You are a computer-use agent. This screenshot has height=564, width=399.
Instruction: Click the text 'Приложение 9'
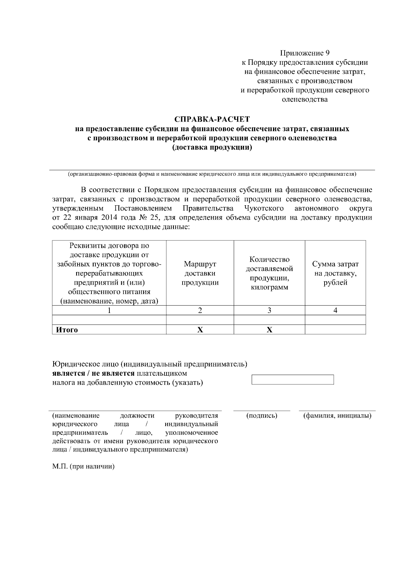point(305,53)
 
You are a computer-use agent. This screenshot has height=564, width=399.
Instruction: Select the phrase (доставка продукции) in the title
point(212,148)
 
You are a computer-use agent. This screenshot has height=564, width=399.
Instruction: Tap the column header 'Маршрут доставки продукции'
point(200,273)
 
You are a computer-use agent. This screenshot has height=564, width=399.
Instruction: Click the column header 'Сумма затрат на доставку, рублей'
point(335,273)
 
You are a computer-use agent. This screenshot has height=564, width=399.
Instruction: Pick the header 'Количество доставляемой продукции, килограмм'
point(269,273)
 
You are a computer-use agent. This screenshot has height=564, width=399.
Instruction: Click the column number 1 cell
point(109,311)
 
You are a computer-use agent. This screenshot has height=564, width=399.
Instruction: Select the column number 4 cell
point(335,311)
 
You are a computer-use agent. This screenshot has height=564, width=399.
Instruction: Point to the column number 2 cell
point(200,311)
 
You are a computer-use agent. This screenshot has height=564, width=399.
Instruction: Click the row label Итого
point(67,330)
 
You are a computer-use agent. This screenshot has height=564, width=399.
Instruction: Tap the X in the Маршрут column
point(200,330)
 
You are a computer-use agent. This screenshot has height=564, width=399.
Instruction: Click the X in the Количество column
point(269,330)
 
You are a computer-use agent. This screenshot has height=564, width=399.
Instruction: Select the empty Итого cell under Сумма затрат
point(335,330)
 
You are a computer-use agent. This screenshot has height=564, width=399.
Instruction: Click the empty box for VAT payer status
point(293,380)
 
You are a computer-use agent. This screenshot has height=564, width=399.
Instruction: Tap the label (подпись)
point(262,416)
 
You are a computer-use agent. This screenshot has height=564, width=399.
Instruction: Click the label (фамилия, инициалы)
point(337,416)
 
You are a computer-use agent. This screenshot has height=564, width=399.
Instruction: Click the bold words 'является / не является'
point(93,373)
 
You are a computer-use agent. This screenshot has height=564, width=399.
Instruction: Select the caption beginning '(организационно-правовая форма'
point(212,174)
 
